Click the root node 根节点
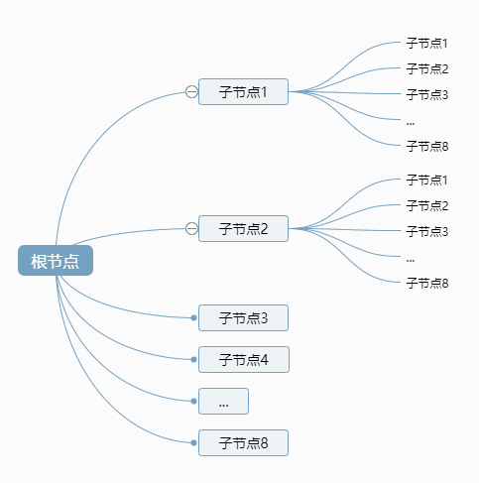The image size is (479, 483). click(56, 261)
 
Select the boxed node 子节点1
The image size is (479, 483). click(243, 92)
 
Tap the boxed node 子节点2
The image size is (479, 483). click(243, 229)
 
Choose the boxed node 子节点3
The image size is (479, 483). click(243, 318)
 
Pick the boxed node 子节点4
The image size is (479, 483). click(243, 359)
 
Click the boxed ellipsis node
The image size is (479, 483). click(223, 401)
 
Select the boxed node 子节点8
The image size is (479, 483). click(243, 442)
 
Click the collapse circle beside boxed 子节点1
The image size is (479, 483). click(191, 92)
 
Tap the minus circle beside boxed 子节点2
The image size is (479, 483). click(191, 229)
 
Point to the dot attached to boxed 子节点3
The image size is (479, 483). click(194, 318)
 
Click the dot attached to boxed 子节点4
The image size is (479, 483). click(194, 359)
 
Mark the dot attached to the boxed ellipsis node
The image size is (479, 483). click(194, 401)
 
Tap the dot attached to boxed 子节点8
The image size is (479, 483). click(194, 442)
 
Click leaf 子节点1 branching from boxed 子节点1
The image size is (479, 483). click(427, 44)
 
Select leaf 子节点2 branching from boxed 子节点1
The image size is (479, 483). click(427, 69)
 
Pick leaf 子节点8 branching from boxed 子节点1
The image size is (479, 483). click(427, 147)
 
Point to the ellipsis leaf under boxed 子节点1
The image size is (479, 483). click(411, 121)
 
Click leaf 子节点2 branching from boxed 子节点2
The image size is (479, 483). click(427, 206)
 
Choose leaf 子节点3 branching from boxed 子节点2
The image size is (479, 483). click(427, 232)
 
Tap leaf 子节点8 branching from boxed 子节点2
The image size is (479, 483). click(427, 284)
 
